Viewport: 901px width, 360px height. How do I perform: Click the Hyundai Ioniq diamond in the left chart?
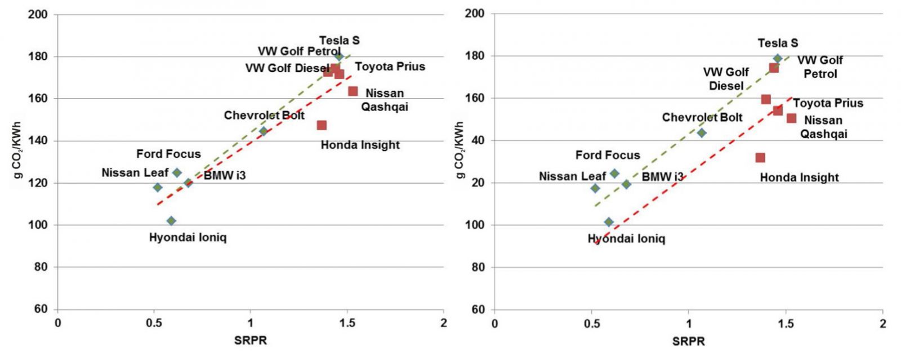click(171, 221)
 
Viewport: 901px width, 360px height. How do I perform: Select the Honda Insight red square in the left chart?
click(322, 125)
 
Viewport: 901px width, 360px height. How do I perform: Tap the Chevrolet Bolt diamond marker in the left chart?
click(263, 131)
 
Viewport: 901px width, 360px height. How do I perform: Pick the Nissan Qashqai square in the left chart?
click(353, 91)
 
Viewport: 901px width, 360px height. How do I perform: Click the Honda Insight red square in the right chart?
click(760, 158)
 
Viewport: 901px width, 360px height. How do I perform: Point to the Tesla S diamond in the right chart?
click(778, 59)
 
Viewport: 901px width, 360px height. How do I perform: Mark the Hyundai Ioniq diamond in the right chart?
click(609, 222)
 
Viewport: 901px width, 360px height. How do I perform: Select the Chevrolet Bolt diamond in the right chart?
click(702, 133)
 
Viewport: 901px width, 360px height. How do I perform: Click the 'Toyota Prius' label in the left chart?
click(390, 66)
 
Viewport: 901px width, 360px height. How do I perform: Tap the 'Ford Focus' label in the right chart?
click(608, 155)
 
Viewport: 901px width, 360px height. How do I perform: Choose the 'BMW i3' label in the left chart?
click(225, 175)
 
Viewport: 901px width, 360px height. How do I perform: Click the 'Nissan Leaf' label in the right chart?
click(572, 176)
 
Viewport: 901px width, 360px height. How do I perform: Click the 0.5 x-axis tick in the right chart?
click(592, 323)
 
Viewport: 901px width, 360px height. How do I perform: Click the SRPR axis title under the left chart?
click(251, 341)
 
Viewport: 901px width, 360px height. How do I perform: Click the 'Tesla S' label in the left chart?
click(339, 41)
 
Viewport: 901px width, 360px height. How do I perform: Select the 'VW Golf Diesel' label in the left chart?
click(287, 69)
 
